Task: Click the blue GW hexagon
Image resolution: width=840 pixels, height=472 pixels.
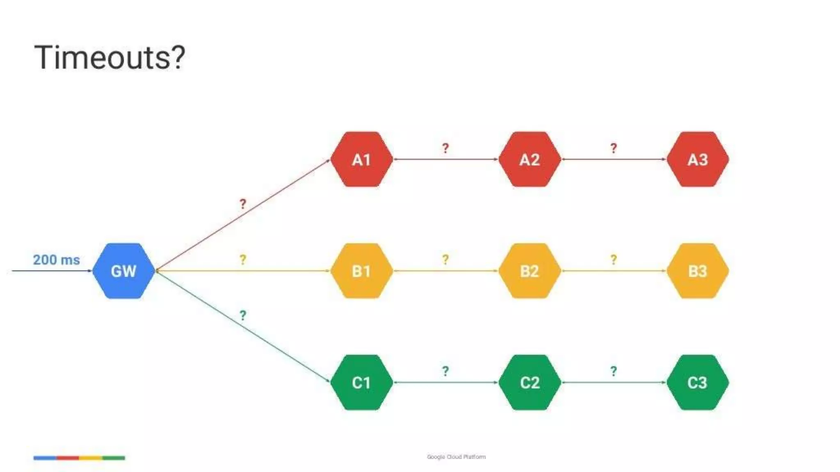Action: pyautogui.click(x=123, y=271)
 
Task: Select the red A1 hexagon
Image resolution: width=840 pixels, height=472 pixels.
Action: pyautogui.click(x=361, y=159)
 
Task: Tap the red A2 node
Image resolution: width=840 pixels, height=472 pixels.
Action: pyautogui.click(x=530, y=159)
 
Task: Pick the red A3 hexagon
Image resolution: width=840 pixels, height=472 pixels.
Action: pyautogui.click(x=698, y=159)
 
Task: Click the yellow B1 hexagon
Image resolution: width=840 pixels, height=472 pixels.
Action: pyautogui.click(x=361, y=271)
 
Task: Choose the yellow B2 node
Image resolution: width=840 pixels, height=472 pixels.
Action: pyautogui.click(x=530, y=271)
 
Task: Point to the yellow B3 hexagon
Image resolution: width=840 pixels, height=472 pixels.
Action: pyautogui.click(x=698, y=271)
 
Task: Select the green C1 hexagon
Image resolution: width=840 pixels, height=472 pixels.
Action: pyautogui.click(x=361, y=382)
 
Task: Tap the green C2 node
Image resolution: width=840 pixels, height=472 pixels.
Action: pyautogui.click(x=530, y=382)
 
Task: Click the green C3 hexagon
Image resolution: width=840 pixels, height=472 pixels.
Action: pyautogui.click(x=698, y=382)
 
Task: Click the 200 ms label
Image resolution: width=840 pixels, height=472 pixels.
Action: pyautogui.click(x=56, y=260)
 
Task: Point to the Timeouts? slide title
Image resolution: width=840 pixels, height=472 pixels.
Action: pyautogui.click(x=110, y=57)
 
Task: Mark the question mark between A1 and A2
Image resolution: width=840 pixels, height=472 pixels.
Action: pyautogui.click(x=445, y=148)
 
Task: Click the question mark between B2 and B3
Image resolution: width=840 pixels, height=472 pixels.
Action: pyautogui.click(x=614, y=259)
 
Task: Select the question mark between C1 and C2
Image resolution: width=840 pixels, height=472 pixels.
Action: pyautogui.click(x=445, y=371)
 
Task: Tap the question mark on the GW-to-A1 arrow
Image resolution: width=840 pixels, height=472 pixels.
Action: pyautogui.click(x=243, y=204)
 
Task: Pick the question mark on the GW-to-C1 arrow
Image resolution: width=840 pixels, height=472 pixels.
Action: pyautogui.click(x=243, y=315)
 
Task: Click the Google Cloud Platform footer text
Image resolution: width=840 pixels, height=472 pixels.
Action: pyautogui.click(x=456, y=457)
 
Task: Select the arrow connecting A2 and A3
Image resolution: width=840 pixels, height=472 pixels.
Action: pyautogui.click(x=614, y=159)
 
